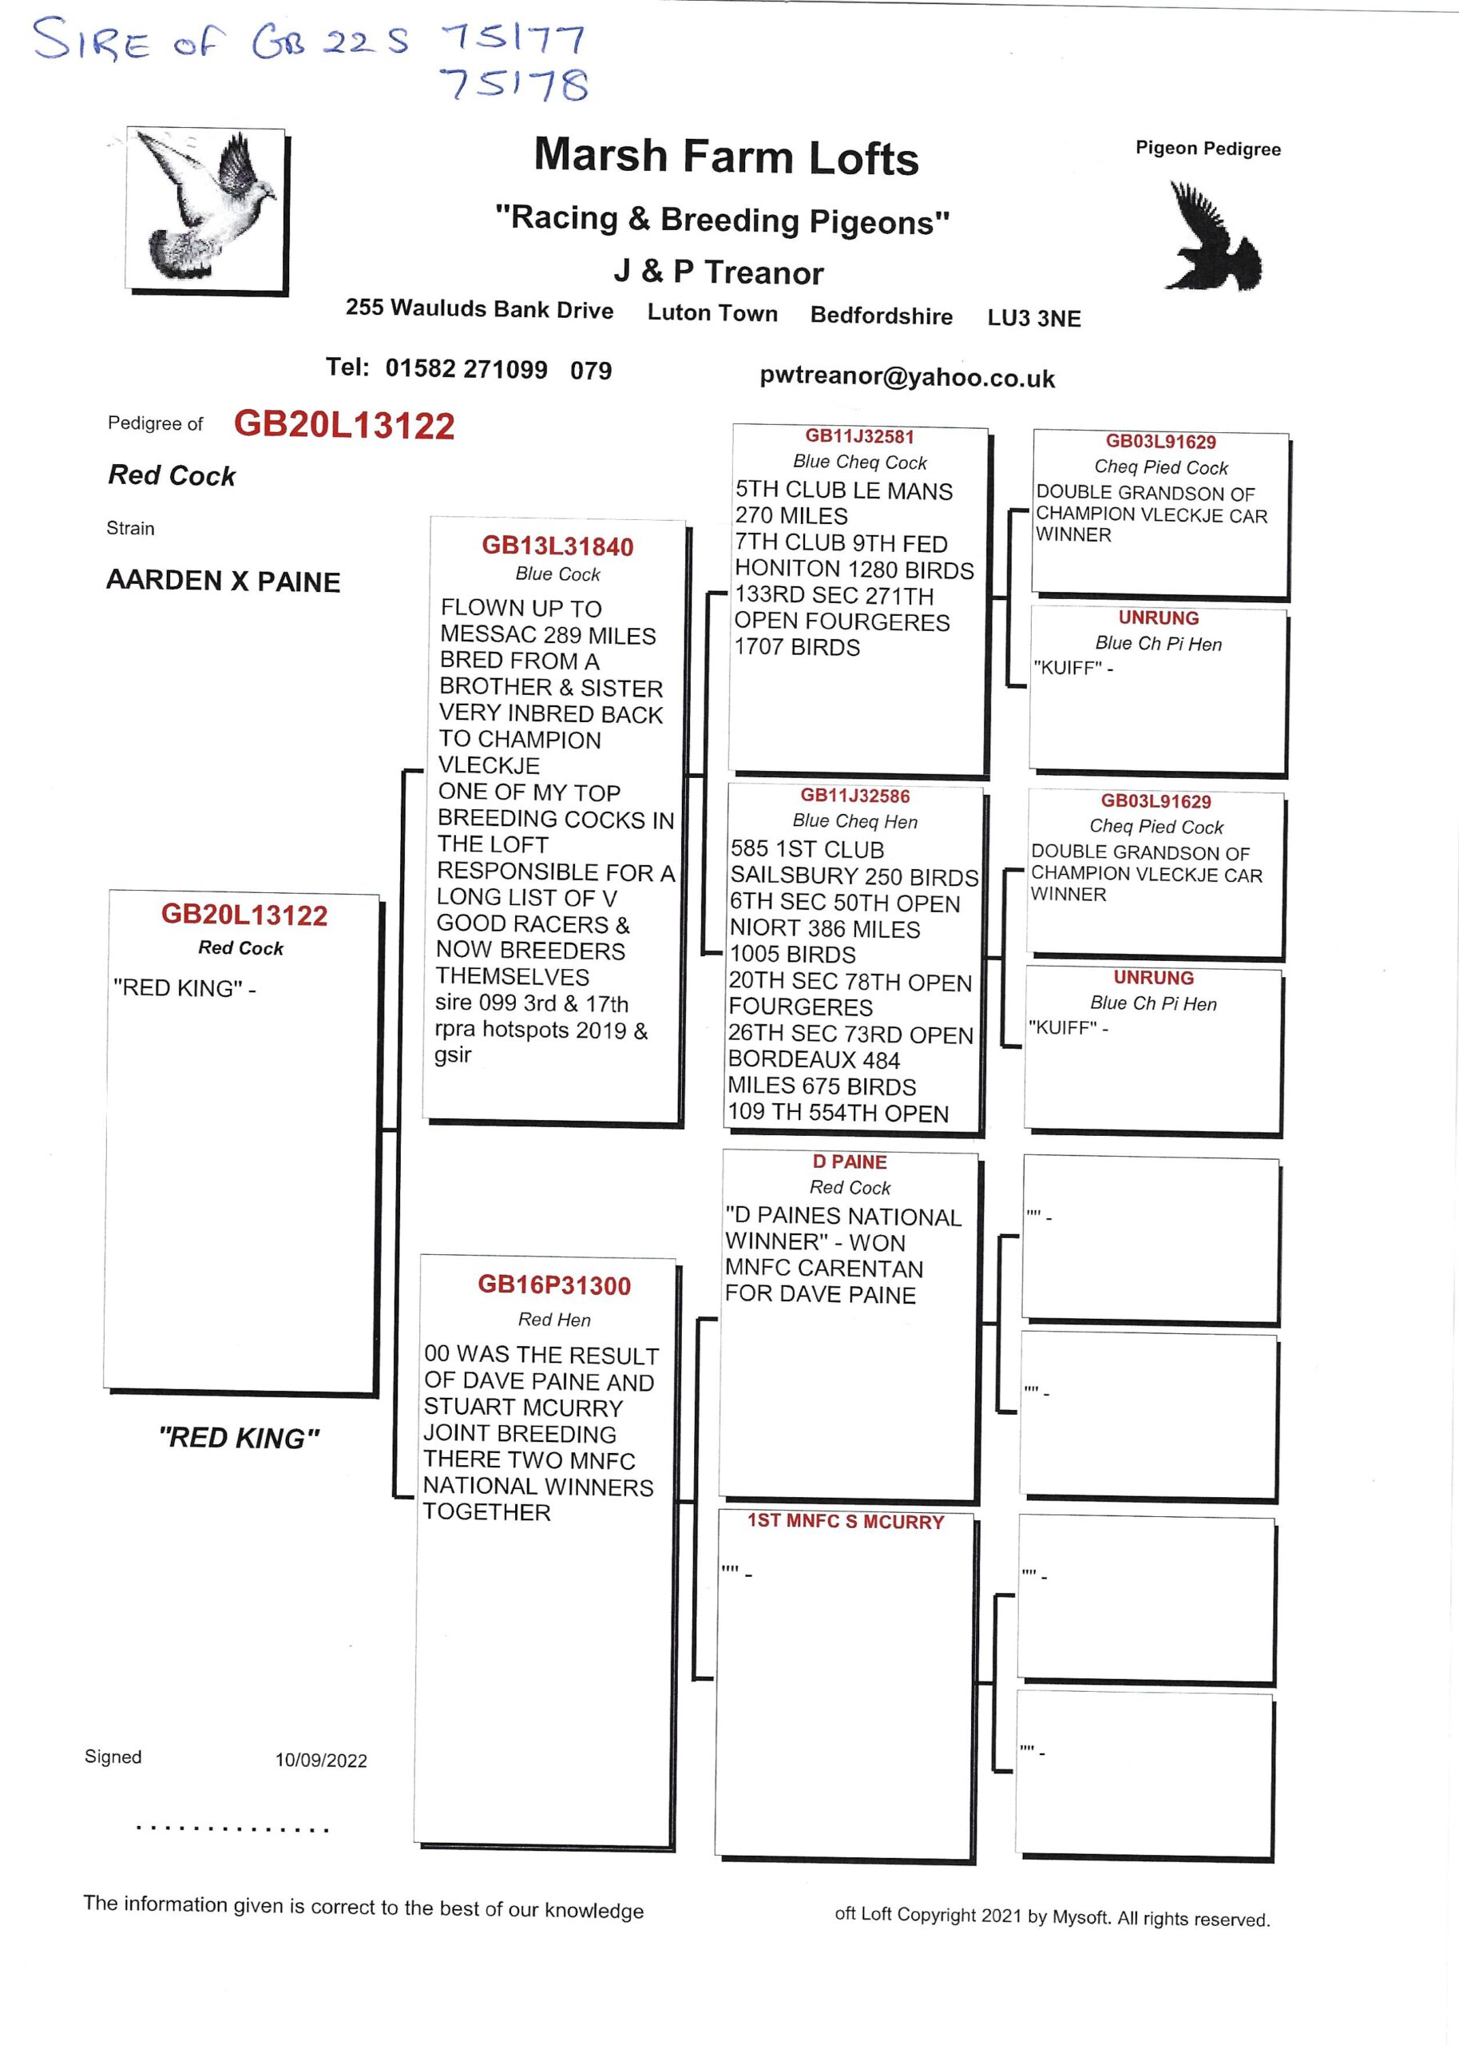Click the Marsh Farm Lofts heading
(726, 157)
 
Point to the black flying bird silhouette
(1212, 237)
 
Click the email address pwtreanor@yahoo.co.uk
(906, 377)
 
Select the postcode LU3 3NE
(1034, 318)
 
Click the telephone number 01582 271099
(466, 368)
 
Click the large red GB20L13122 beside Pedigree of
(344, 425)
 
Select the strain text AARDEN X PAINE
(223, 581)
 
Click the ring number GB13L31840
(557, 546)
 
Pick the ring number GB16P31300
(553, 1285)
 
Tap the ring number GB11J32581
(859, 437)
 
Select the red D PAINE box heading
(849, 1161)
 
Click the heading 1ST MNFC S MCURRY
(846, 1521)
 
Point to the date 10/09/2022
(321, 1760)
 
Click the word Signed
(113, 1757)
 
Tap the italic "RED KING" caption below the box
(238, 1438)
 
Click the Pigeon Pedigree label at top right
(1207, 149)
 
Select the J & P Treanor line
(718, 272)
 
